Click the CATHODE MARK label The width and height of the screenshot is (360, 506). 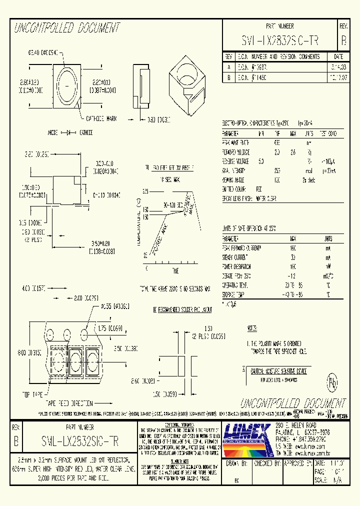pos(101,118)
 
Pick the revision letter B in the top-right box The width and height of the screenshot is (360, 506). pos(343,40)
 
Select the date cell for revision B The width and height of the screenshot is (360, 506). pos(335,78)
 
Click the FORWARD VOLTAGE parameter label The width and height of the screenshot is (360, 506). pos(236,151)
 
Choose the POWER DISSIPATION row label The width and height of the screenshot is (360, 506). pos(237,266)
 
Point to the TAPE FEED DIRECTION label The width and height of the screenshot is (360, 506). pos(69,402)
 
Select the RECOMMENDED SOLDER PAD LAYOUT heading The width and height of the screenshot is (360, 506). pos(182,310)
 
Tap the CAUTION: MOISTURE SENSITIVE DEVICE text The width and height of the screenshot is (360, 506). pos(278,371)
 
